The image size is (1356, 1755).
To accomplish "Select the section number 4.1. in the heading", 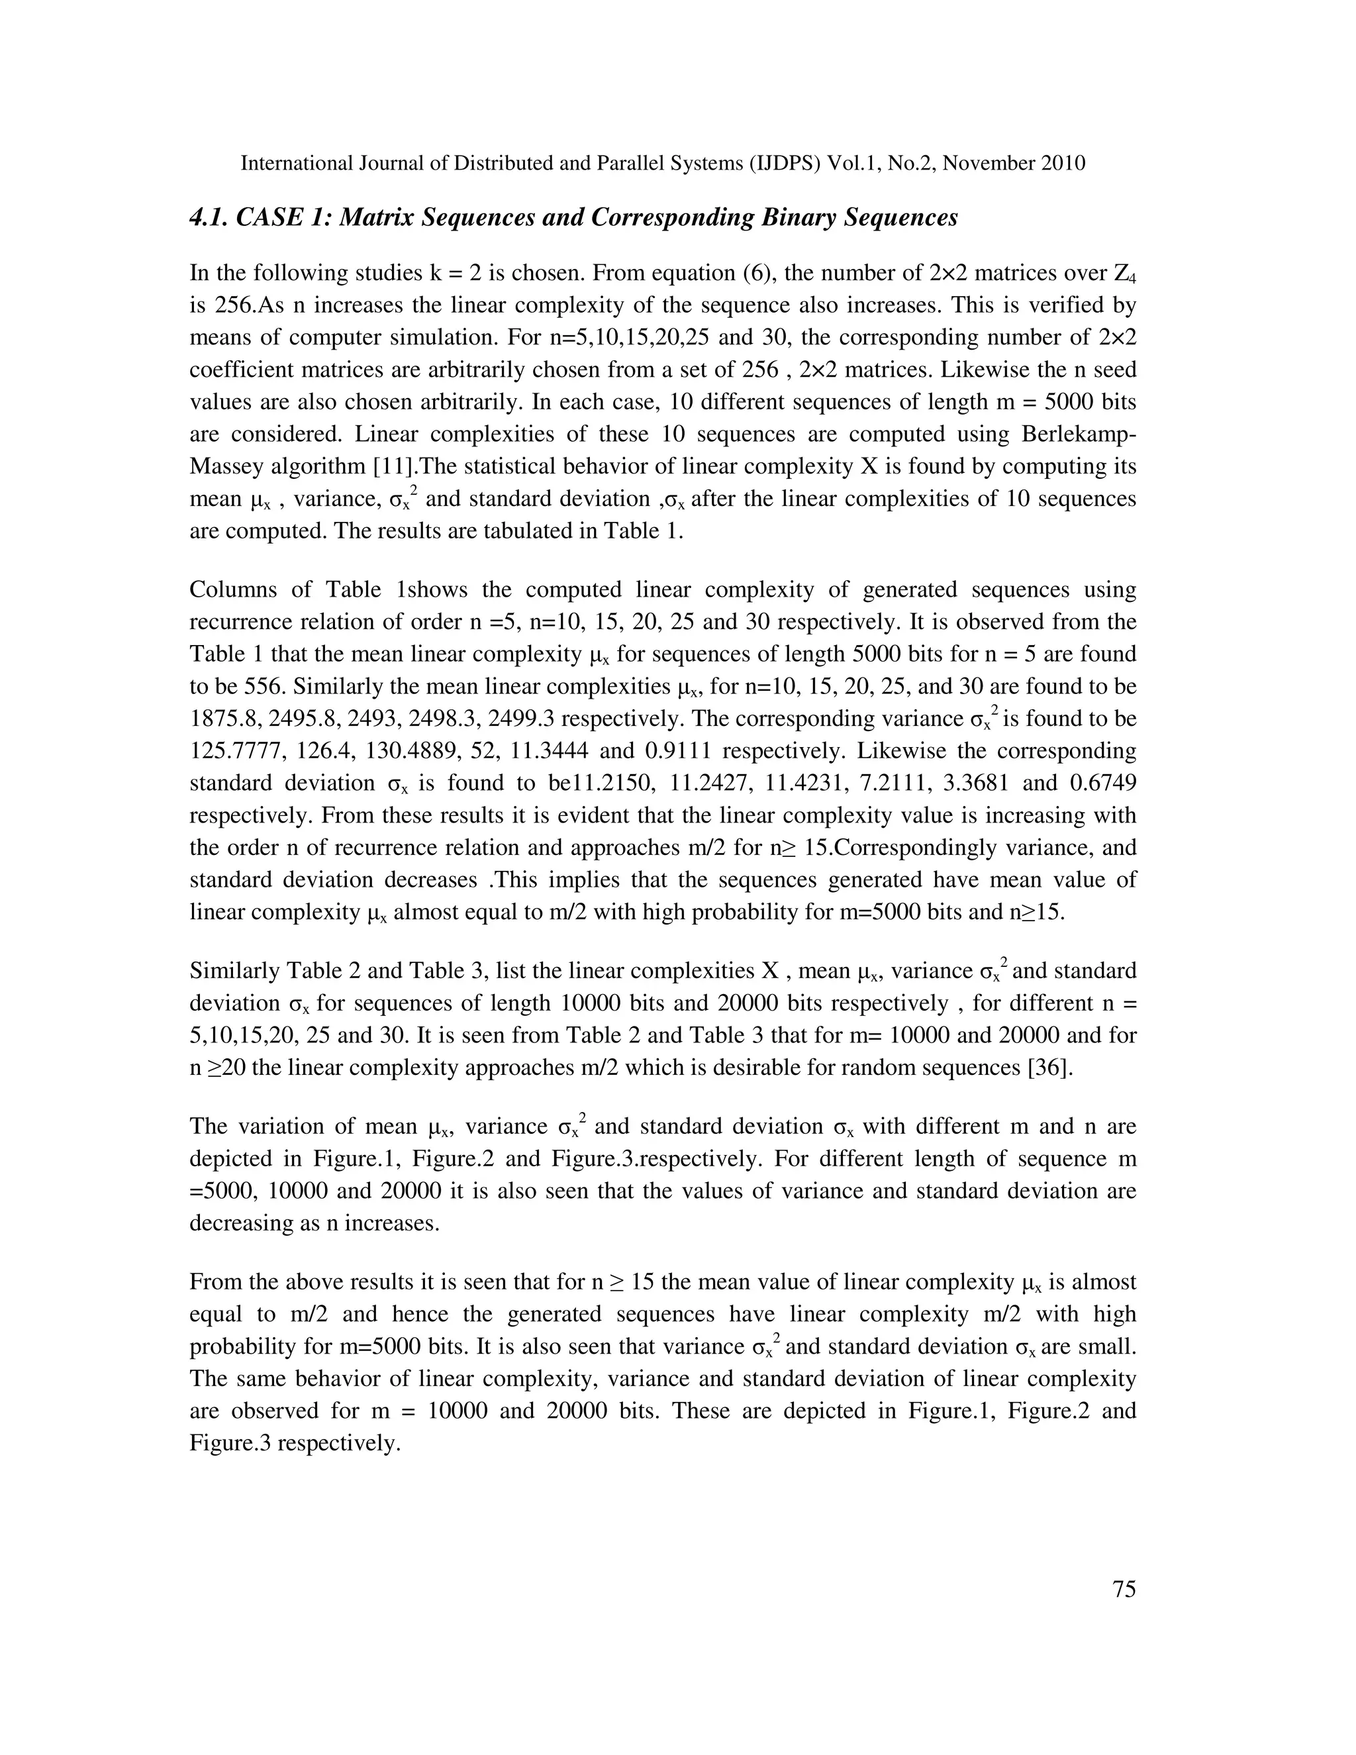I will [211, 218].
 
